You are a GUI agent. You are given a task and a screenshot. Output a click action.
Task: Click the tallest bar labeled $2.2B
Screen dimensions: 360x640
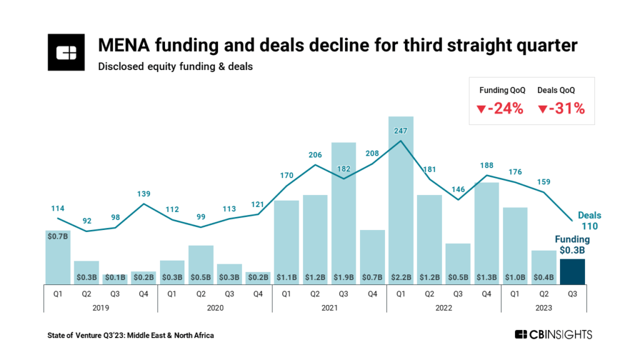click(401, 200)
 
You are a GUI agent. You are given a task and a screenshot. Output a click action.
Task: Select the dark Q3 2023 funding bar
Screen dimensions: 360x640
click(572, 272)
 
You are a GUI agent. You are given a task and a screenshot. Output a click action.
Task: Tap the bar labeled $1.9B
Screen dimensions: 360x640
click(343, 212)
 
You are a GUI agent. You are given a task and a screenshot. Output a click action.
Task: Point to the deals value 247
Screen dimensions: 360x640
click(401, 131)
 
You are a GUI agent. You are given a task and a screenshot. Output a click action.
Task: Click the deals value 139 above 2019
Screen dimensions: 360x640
click(143, 194)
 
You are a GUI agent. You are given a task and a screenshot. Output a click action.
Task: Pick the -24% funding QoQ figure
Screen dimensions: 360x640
click(499, 108)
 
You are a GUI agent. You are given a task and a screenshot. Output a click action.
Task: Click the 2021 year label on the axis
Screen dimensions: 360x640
click(329, 307)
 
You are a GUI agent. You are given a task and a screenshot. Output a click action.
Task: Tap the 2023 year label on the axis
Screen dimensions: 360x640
click(544, 307)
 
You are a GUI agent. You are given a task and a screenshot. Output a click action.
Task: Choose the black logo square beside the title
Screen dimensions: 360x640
click(66, 54)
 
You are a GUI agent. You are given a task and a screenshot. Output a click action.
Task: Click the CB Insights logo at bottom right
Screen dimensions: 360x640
click(553, 335)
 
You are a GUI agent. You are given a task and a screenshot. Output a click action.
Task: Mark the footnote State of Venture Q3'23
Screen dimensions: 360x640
click(131, 336)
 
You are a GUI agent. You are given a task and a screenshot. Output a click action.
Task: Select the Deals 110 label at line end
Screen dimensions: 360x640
click(589, 220)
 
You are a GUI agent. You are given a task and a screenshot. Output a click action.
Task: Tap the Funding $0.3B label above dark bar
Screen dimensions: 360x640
click(572, 244)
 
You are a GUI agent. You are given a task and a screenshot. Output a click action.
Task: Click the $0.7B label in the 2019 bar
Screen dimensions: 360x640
click(57, 237)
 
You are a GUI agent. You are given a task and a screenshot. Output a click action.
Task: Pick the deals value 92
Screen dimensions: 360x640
click(86, 221)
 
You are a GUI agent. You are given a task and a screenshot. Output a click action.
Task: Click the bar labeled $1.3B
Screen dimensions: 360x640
click(486, 231)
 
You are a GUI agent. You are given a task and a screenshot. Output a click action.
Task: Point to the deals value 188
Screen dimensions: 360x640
click(486, 166)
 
